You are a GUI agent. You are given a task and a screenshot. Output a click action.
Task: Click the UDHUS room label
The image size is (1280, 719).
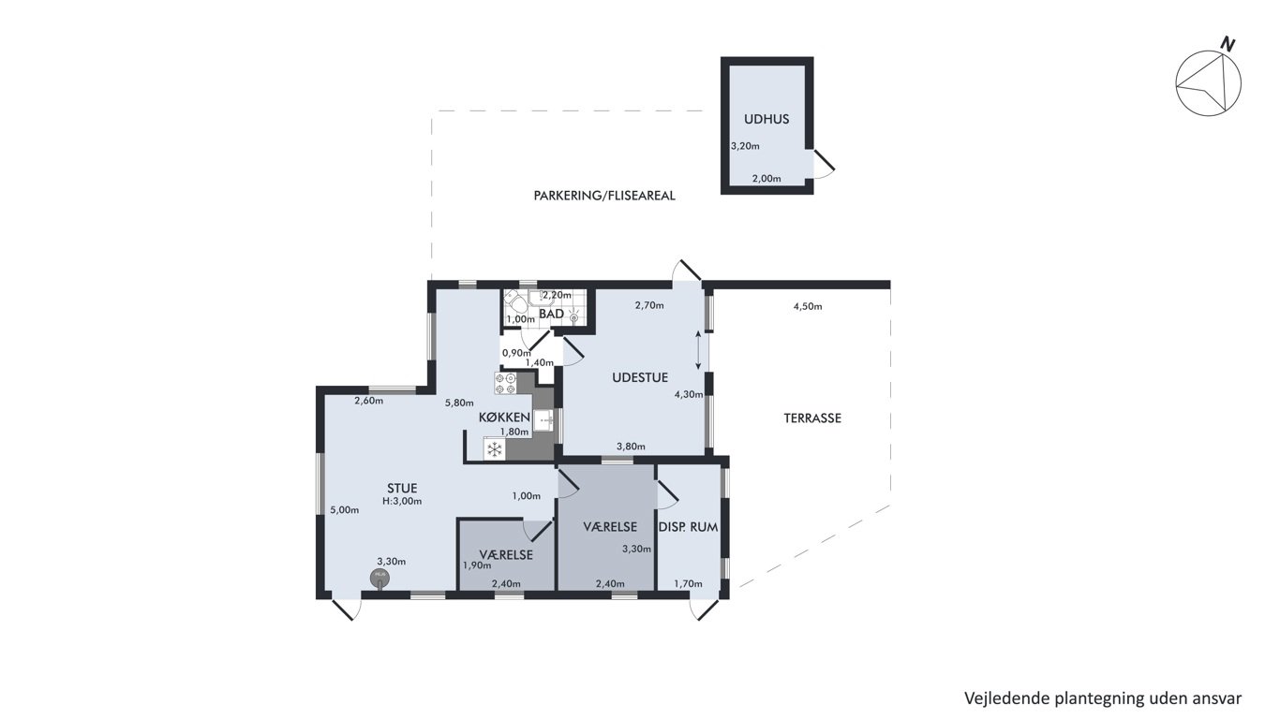[767, 119]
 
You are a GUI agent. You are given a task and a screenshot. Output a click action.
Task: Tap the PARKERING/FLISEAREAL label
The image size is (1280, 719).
[604, 196]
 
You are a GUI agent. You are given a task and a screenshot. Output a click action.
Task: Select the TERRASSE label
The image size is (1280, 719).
[812, 418]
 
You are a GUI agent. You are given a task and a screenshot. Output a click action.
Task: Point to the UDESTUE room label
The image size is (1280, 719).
[640, 377]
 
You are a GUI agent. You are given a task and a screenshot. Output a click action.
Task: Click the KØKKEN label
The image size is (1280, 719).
[504, 418]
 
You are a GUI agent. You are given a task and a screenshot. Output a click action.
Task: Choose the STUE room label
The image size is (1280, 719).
[402, 489]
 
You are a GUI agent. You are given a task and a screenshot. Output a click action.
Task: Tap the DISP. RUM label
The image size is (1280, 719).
[688, 527]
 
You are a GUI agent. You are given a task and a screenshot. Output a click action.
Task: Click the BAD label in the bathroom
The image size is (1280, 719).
[551, 315]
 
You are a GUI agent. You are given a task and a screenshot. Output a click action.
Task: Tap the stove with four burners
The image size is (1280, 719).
[505, 383]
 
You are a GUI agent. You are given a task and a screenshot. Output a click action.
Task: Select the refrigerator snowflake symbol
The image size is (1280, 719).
[494, 448]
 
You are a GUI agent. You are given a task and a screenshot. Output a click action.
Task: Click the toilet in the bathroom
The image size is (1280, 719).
[514, 300]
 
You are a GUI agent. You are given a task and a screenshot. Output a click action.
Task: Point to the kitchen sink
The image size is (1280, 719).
[543, 420]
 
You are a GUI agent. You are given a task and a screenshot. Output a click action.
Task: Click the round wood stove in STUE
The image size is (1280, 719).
[380, 579]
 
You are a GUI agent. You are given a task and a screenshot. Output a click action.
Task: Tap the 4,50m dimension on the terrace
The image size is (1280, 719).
[808, 307]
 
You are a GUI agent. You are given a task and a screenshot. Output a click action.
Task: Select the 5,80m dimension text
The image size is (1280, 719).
[459, 403]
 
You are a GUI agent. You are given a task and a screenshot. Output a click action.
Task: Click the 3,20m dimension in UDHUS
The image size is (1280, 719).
[745, 146]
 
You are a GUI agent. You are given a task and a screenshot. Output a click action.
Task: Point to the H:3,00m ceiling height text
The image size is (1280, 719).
[402, 502]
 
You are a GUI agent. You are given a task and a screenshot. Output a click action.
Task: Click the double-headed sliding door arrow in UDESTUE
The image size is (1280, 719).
[698, 350]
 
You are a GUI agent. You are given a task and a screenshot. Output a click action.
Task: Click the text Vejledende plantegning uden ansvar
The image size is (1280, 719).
[1103, 698]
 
